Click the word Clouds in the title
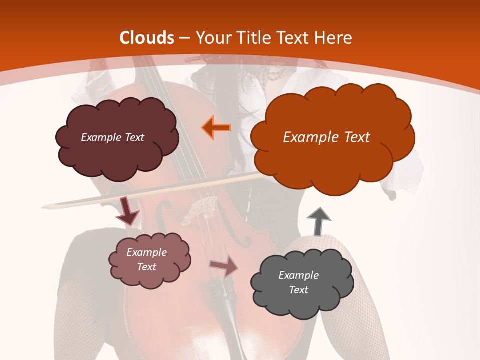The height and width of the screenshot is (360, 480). (x=147, y=38)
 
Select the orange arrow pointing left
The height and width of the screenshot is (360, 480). (x=216, y=127)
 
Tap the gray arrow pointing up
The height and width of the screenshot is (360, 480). (x=318, y=221)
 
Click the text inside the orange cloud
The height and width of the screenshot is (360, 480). (x=326, y=137)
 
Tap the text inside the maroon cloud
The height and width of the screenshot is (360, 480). (x=112, y=137)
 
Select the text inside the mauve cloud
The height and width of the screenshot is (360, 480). (x=147, y=259)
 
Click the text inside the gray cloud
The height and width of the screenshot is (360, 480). (x=298, y=282)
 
